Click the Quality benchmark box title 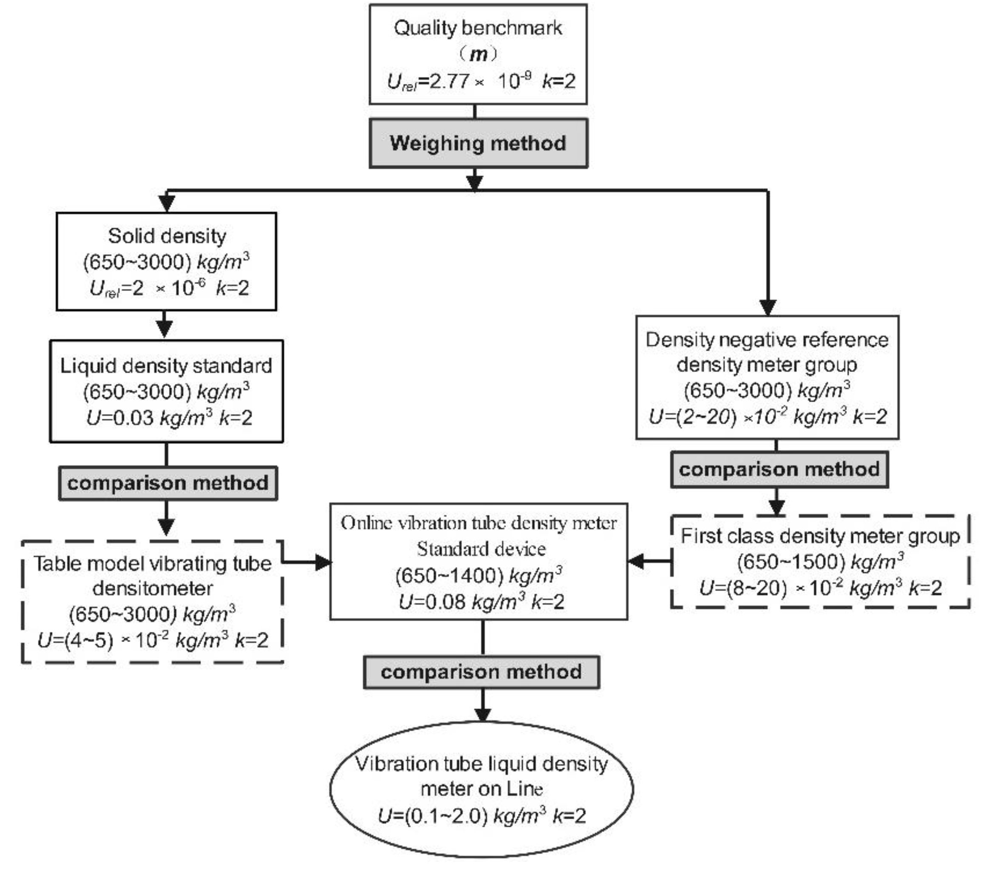pos(478,28)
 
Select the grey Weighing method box pos(478,143)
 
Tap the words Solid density pos(167,236)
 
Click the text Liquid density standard pos(166,366)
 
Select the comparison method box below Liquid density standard pos(168,483)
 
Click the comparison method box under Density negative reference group pos(779,470)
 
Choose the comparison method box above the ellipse pos(481,672)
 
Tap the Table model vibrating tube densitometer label pos(152,576)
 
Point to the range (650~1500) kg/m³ pos(820,562)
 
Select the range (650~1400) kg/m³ pos(478,576)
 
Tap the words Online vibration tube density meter pos(478,524)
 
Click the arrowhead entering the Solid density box pos(166,203)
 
